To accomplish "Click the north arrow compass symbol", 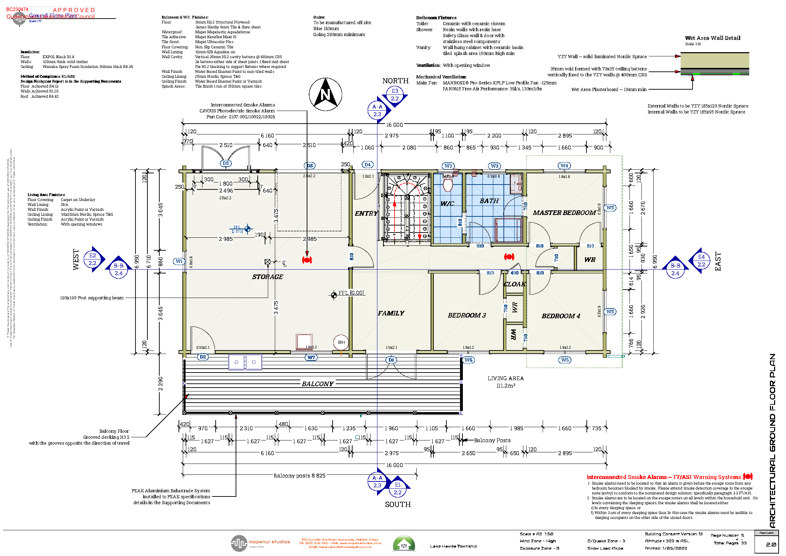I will tap(325, 94).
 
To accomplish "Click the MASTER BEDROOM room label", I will tap(564, 213).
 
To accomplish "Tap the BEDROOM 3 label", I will tap(467, 315).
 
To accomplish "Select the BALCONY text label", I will tap(318, 384).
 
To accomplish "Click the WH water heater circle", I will tap(341, 342).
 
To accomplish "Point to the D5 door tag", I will tap(226, 163).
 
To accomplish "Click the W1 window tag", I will tap(179, 261).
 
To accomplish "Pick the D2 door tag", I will tap(203, 357).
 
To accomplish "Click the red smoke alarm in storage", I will tap(307, 260).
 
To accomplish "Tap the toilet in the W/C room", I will tap(448, 183).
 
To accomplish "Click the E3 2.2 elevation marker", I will tap(395, 95).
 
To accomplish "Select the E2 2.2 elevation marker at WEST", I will tap(92, 259).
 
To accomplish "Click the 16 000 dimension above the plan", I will tap(394, 125).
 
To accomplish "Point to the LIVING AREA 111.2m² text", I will tap(506, 382).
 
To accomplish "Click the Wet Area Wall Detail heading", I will tap(712, 38).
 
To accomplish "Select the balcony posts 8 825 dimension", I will tap(300, 475).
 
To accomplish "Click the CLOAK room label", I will tap(515, 284).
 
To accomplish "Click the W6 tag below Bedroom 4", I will tap(565, 360).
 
